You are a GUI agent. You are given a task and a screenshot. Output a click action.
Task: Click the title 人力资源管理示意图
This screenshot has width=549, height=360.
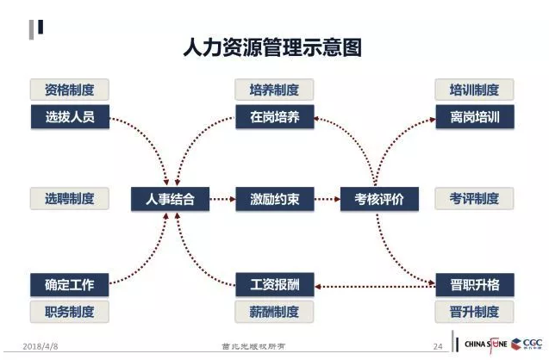tap(273, 47)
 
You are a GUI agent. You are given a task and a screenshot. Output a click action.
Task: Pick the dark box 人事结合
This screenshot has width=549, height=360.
tap(170, 199)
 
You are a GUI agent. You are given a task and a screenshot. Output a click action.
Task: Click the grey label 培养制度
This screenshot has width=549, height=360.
tap(274, 90)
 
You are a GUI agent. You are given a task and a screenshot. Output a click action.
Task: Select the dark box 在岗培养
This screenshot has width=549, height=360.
tap(274, 116)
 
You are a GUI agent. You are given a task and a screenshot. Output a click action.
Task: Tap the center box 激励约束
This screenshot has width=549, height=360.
tap(274, 199)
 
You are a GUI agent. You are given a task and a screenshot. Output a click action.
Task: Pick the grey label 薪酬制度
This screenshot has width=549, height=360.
tap(274, 311)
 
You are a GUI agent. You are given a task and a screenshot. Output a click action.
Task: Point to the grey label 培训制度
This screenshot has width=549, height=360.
tap(474, 90)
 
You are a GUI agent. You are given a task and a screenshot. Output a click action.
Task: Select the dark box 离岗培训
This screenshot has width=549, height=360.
tap(474, 116)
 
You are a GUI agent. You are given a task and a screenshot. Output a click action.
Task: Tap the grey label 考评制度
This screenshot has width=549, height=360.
tap(474, 199)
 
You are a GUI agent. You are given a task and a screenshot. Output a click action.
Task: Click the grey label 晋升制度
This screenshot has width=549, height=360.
tap(474, 311)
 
